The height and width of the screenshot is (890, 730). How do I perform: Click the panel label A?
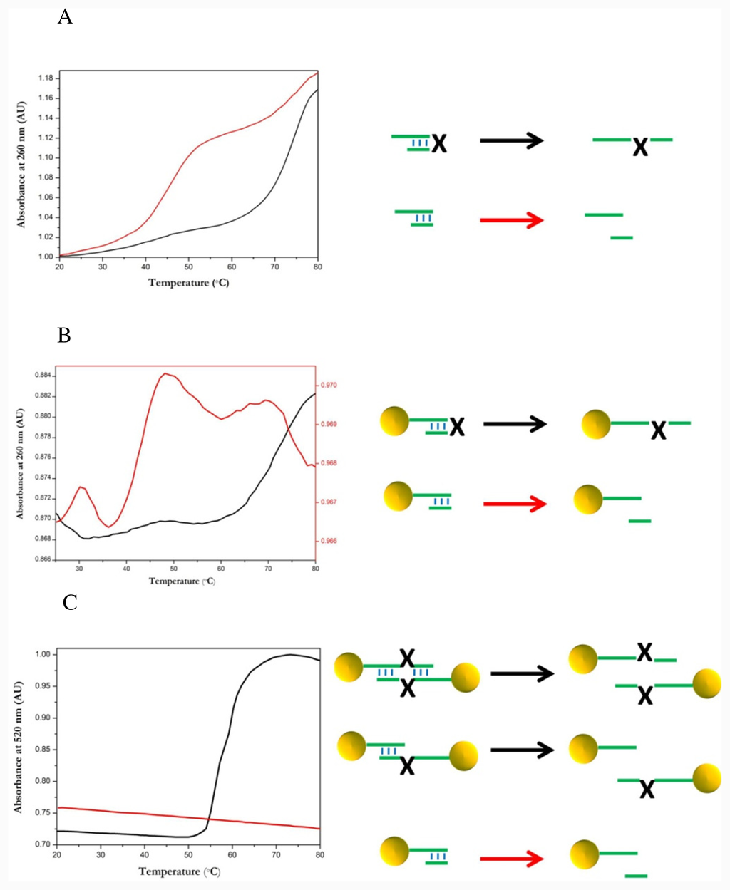[x=65, y=17]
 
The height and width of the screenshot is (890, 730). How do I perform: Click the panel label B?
[x=64, y=335]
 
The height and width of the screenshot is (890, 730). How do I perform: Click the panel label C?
[x=70, y=603]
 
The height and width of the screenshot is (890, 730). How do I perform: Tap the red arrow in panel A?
[x=511, y=220]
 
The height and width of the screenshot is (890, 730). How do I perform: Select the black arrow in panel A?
[x=511, y=140]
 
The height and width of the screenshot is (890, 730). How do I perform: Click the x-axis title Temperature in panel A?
[x=188, y=283]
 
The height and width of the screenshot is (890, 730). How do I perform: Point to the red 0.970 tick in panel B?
[x=327, y=385]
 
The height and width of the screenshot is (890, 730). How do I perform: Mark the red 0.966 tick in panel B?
[x=327, y=541]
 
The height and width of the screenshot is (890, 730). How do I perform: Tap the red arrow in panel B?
[x=515, y=504]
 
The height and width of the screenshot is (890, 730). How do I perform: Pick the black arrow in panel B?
[x=515, y=424]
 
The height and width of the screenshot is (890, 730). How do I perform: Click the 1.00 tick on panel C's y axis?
[x=42, y=654]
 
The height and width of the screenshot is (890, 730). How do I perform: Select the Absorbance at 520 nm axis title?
[x=19, y=747]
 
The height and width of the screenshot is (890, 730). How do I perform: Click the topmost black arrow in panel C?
[x=522, y=673]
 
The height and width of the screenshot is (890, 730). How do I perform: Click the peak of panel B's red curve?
[x=165, y=373]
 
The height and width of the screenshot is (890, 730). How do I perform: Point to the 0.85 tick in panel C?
[x=42, y=750]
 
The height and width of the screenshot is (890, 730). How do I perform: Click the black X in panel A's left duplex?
[x=439, y=144]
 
